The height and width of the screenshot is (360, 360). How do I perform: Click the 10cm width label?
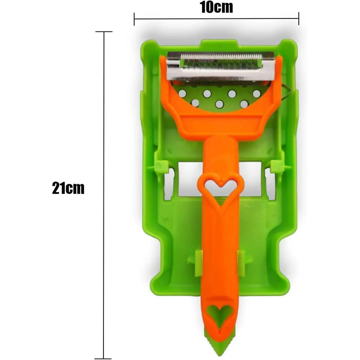click(x=216, y=8)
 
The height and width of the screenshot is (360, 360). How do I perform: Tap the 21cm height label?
click(x=68, y=188)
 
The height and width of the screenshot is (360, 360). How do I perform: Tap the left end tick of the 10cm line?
click(x=135, y=18)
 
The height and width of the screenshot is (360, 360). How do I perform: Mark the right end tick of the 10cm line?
click(x=299, y=18)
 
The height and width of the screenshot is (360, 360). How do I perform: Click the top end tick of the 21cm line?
click(x=104, y=32)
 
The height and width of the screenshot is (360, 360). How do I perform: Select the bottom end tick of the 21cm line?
click(x=104, y=347)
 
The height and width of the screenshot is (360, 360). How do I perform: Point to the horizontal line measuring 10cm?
click(x=180, y=18)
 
